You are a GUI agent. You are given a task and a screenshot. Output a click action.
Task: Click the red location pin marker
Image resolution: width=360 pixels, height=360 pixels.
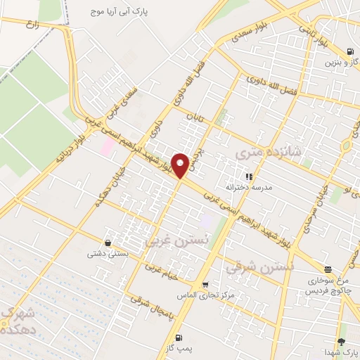(180, 165)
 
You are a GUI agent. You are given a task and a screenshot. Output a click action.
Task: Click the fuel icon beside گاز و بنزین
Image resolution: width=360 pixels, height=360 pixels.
(350, 51)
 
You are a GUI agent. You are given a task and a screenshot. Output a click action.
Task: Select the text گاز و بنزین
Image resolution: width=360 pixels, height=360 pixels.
(340, 62)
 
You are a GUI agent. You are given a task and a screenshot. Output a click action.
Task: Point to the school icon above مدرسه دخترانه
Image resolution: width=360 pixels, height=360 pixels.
(248, 176)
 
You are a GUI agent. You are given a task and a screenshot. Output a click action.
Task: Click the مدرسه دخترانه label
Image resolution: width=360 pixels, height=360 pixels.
(248, 188)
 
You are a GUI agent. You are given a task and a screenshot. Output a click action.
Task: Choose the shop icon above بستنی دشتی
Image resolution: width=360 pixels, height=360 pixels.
(107, 241)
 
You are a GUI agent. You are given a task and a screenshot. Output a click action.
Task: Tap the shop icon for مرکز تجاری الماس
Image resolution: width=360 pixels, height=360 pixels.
(205, 284)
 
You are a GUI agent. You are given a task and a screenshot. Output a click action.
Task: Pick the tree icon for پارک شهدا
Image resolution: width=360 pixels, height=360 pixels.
(342, 341)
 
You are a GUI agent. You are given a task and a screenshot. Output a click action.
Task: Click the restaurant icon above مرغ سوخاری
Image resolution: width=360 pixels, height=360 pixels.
(328, 269)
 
